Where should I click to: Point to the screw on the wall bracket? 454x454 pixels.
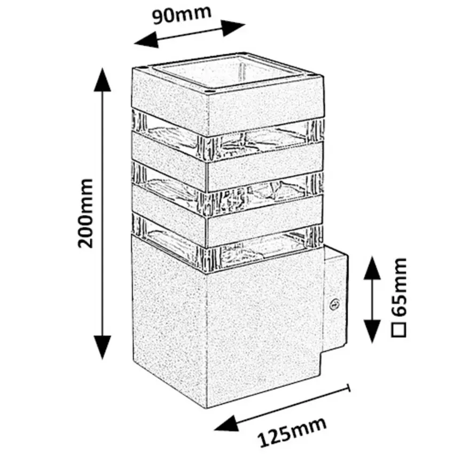pyautogui.click(x=336, y=304)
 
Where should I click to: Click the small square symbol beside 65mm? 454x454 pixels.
pyautogui.click(x=398, y=328)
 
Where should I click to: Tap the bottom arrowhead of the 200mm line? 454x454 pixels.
pyautogui.click(x=103, y=350)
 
